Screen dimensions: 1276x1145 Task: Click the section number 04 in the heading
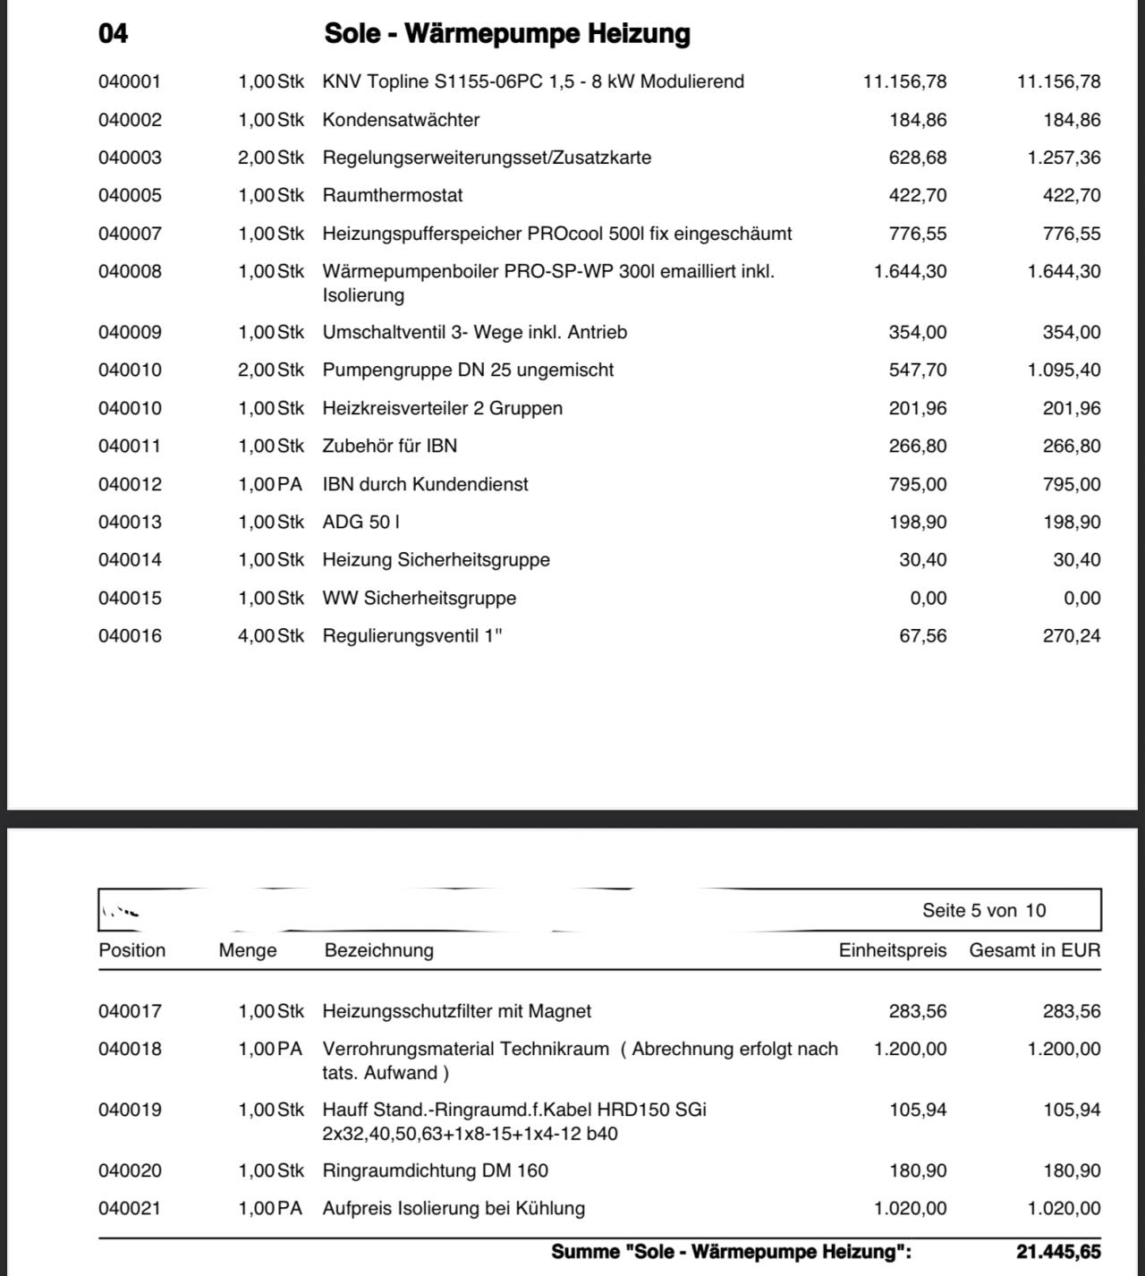(114, 34)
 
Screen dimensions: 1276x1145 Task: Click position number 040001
(131, 82)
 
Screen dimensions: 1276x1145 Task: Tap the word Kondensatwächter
(401, 120)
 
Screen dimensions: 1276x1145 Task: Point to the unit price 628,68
(918, 158)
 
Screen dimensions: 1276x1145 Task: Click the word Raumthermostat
(393, 196)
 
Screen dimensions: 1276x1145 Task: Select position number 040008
(131, 272)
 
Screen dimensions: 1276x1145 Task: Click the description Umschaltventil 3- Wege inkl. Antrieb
(475, 333)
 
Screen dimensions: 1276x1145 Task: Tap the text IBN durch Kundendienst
(426, 485)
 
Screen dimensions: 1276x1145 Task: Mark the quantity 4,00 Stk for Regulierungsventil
(270, 636)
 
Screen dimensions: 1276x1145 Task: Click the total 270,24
(1072, 636)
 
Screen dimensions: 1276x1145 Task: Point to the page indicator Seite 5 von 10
(984, 911)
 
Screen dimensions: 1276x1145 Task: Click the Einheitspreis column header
(892, 951)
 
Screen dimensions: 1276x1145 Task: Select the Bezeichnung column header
(379, 951)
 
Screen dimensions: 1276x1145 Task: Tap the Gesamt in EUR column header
(1035, 951)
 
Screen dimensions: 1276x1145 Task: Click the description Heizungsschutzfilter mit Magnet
(457, 1012)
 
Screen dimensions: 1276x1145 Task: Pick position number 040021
(131, 1209)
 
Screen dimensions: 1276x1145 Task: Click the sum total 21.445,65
(1058, 1252)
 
